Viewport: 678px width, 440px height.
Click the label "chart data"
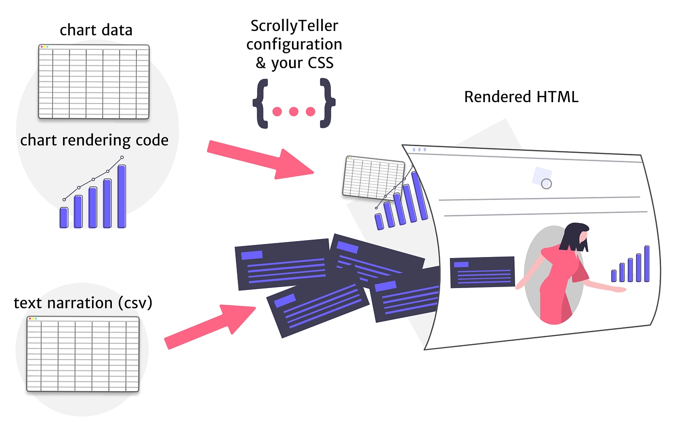96,30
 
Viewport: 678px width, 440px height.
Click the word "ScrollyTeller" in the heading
294,26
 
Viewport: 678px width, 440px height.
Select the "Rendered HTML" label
521,97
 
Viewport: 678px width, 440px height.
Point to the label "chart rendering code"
94,140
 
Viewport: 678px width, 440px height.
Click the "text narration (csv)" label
83,303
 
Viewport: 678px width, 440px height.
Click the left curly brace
261,104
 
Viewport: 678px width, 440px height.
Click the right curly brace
327,104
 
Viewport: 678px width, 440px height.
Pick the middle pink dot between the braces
293,112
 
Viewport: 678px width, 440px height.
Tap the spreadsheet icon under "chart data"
93,82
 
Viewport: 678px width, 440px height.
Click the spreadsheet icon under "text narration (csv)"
83,354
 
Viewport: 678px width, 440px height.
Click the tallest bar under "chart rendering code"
122,196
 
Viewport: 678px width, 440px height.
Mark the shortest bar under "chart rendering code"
64,217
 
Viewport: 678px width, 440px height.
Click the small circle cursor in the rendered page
546,184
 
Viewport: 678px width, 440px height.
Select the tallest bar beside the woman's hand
647,263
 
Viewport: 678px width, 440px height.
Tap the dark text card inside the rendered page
482,272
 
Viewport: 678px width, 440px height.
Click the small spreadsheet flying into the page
373,177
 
